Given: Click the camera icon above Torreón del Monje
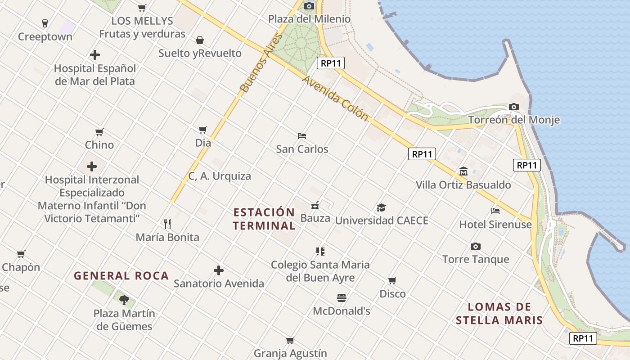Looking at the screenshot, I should tap(513, 107).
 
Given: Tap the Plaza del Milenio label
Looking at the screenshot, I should tap(309, 19).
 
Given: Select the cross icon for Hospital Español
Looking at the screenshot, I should tap(94, 55).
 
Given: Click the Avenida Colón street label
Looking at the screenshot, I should tap(335, 98).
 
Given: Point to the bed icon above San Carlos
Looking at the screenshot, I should tap(302, 135).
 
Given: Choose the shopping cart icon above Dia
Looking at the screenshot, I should tap(203, 130).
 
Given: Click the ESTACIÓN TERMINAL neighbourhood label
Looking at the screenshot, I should tap(264, 219).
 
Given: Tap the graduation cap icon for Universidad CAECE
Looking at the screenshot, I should tap(381, 207).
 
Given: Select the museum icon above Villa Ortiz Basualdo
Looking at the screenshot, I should tap(463, 171).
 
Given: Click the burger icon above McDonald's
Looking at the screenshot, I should tap(341, 297).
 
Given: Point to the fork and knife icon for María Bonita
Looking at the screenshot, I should tap(167, 224).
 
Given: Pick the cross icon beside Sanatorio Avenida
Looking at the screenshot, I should tap(219, 270).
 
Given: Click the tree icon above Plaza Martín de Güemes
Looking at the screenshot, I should tap(124, 300).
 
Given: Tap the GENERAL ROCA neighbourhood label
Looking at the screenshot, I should tap(121, 276).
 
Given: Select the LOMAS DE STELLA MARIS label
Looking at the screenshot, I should tap(499, 314).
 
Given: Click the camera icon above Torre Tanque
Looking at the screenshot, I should tap(475, 246).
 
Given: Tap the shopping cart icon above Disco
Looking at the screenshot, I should tap(392, 280).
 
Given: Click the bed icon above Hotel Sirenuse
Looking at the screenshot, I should tap(495, 211).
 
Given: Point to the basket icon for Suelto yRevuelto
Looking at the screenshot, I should tap(200, 40).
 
